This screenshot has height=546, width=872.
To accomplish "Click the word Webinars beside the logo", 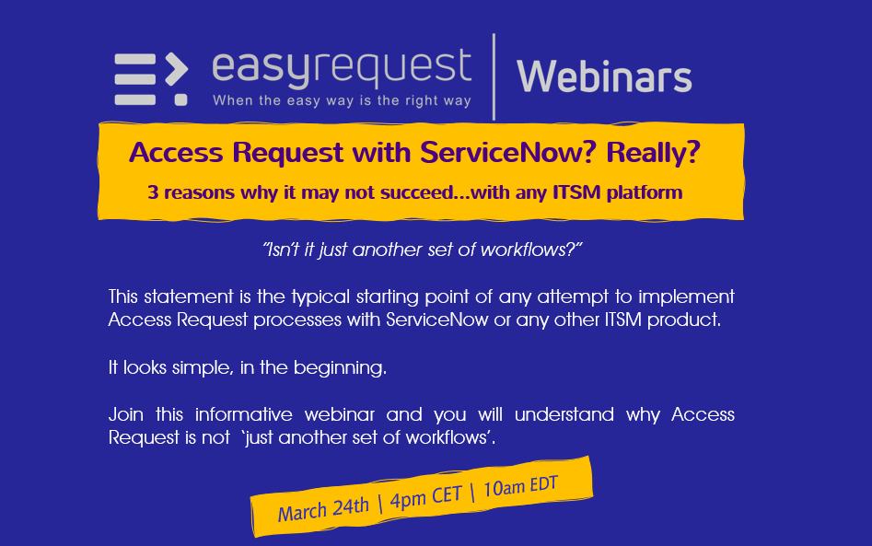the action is (604, 76).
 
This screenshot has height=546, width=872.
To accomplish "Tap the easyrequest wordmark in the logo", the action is (342, 68).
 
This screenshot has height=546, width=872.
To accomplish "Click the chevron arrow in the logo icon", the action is (177, 69).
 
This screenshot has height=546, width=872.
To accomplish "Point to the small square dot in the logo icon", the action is (180, 99).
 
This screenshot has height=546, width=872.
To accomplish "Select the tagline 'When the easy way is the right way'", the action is (342, 100).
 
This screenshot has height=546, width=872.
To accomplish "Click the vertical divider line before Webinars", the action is (494, 76).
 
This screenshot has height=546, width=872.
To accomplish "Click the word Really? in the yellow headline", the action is (653, 152).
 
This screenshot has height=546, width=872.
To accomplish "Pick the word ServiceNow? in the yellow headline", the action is (508, 152).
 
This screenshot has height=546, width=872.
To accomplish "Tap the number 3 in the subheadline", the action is (153, 192).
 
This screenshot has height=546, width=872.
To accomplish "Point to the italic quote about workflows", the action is (422, 250).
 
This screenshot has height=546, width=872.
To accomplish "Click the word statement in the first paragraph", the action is (189, 296).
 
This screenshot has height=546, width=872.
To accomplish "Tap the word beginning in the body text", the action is (340, 368).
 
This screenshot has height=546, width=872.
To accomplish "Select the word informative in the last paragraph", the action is (244, 414).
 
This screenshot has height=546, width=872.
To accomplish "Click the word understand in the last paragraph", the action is (564, 414).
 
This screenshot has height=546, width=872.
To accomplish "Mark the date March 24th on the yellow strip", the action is (323, 509).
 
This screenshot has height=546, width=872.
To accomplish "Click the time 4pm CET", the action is (426, 496).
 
